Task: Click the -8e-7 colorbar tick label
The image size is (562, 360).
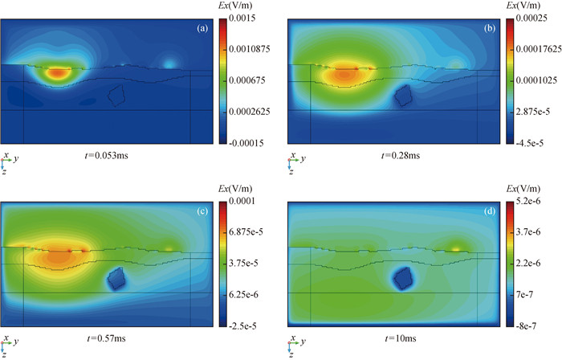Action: [x=534, y=326]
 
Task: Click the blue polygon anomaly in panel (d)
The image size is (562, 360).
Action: [x=401, y=278]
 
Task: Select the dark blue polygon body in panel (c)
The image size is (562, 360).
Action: [x=116, y=278]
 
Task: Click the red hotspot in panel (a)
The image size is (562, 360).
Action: [x=56, y=73]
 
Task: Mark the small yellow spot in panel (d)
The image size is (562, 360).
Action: [x=456, y=248]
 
